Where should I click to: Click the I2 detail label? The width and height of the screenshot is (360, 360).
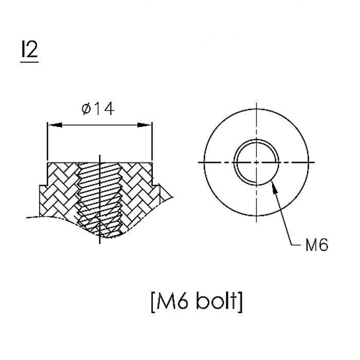pos(29,49)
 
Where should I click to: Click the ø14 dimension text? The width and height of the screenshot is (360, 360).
pos(98,109)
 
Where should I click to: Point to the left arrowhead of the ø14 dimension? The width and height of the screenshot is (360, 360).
pos(55,125)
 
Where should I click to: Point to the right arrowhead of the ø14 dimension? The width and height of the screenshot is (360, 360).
pos(145,125)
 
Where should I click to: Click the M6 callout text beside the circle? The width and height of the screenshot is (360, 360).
pos(317,244)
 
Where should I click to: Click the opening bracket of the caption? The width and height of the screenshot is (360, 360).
pos(153,301)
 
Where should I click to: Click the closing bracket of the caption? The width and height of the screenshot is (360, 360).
pos(240,301)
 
